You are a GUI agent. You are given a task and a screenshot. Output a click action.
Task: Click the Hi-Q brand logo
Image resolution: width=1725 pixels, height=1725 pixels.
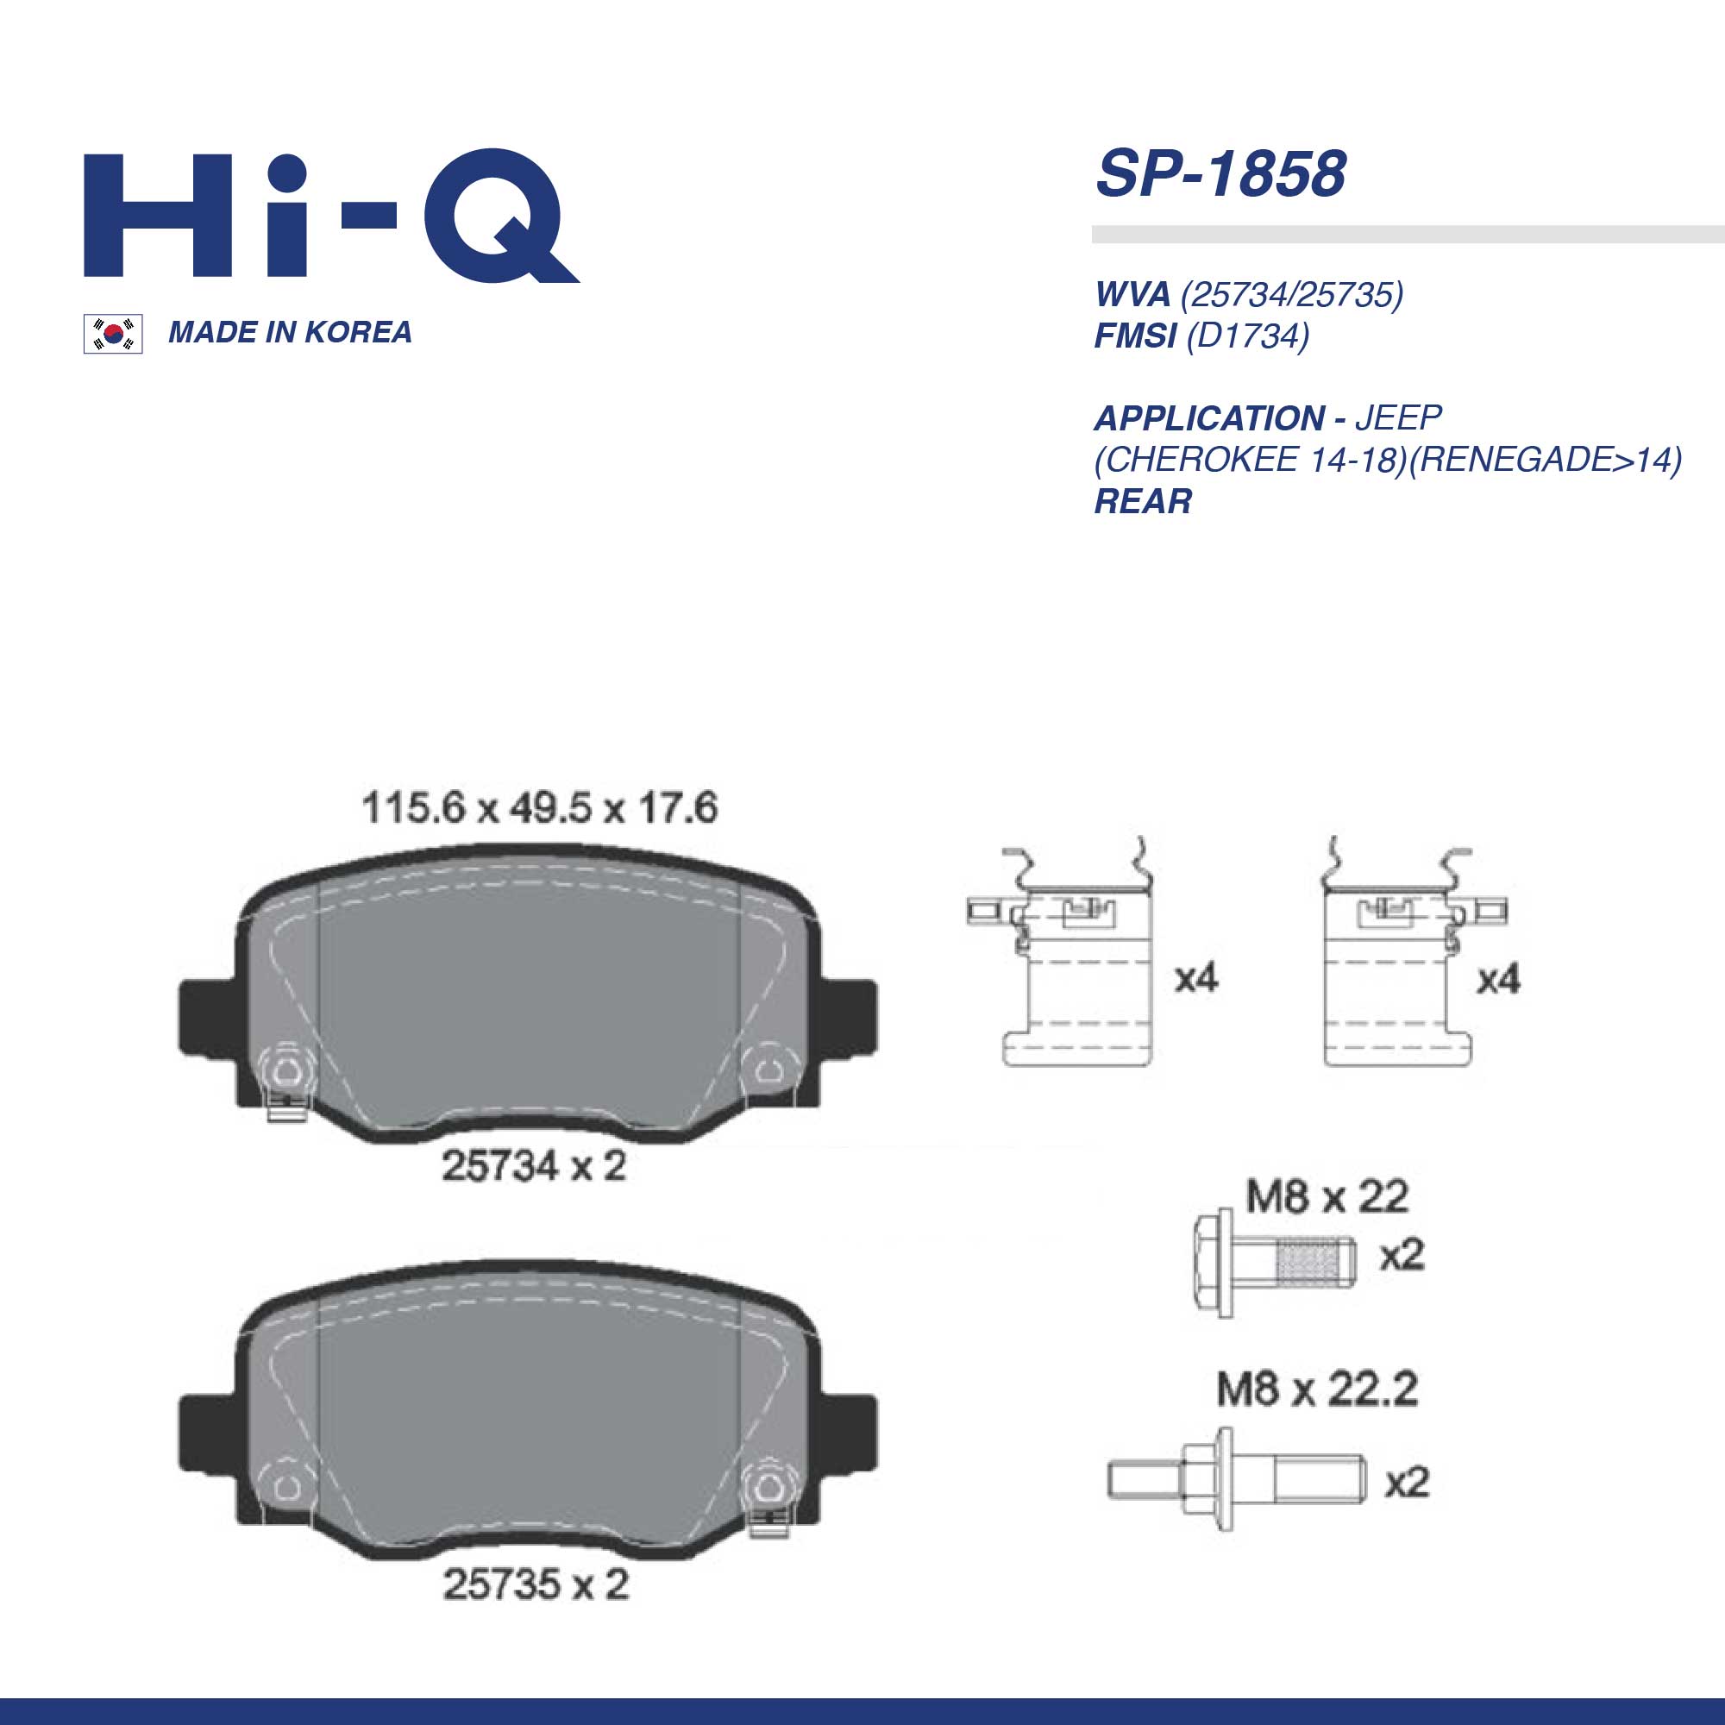coord(331,215)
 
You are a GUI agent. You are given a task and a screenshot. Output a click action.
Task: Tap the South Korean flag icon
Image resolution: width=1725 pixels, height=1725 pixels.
coord(113,334)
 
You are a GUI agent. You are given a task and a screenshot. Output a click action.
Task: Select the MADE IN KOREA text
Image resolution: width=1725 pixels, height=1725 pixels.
coord(290,332)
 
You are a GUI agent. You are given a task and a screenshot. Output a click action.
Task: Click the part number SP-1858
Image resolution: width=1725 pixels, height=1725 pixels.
coord(1220,173)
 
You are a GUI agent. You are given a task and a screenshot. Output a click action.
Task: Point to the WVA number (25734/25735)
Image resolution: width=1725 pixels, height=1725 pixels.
coord(1292,294)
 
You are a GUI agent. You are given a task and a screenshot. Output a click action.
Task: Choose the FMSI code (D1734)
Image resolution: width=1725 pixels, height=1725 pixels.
coord(1247,336)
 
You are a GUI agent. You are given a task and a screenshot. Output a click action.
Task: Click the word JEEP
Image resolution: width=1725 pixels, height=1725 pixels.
coord(1398,417)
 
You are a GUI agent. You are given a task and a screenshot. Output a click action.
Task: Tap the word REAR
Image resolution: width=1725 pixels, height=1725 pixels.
coord(1143,501)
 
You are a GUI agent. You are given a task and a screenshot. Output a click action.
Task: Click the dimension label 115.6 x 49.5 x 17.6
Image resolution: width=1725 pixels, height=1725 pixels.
coord(539,808)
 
